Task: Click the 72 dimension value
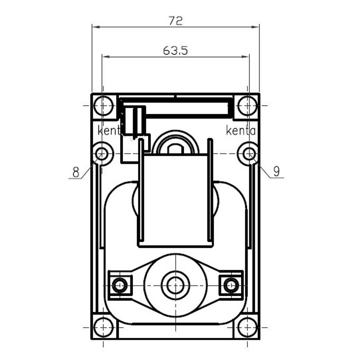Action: pyautogui.click(x=175, y=20)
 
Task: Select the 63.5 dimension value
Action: pyautogui.click(x=175, y=50)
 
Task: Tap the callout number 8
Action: pyautogui.click(x=76, y=172)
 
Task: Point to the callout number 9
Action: pyautogui.click(x=277, y=171)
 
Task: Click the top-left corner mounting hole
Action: pyautogui.click(x=103, y=106)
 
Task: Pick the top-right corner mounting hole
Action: pyautogui.click(x=247, y=106)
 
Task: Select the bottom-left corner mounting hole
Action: pyautogui.click(x=103, y=328)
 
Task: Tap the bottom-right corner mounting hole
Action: pyautogui.click(x=247, y=328)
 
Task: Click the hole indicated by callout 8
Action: pyautogui.click(x=102, y=153)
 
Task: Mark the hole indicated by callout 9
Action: pyautogui.click(x=249, y=153)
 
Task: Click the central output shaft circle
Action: pyautogui.click(x=175, y=285)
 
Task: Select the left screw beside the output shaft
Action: pyautogui.click(x=120, y=285)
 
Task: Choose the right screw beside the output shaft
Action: pyautogui.click(x=231, y=285)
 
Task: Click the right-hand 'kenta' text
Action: pyautogui.click(x=241, y=130)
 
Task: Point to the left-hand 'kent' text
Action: pyautogui.click(x=109, y=130)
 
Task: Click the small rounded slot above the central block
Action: pyautogui.click(x=175, y=149)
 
